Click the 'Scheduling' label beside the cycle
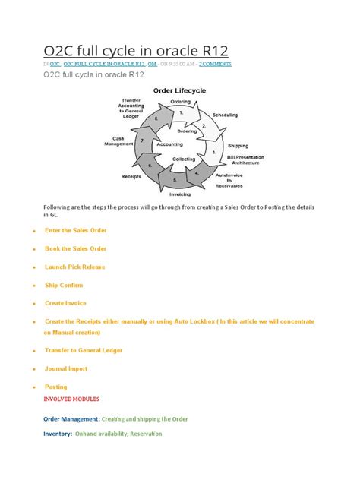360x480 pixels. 225,114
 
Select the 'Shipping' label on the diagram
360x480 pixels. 238,145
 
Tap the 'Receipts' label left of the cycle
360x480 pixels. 131,176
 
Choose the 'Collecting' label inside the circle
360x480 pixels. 184,159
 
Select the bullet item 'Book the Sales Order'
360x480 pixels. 75,248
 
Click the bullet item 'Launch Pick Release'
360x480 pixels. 74,267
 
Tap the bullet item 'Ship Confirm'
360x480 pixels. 64,285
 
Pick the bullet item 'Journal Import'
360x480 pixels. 67,368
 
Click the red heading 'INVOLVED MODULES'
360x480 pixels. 72,399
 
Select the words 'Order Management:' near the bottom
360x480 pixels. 71,418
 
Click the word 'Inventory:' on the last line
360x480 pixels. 58,434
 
